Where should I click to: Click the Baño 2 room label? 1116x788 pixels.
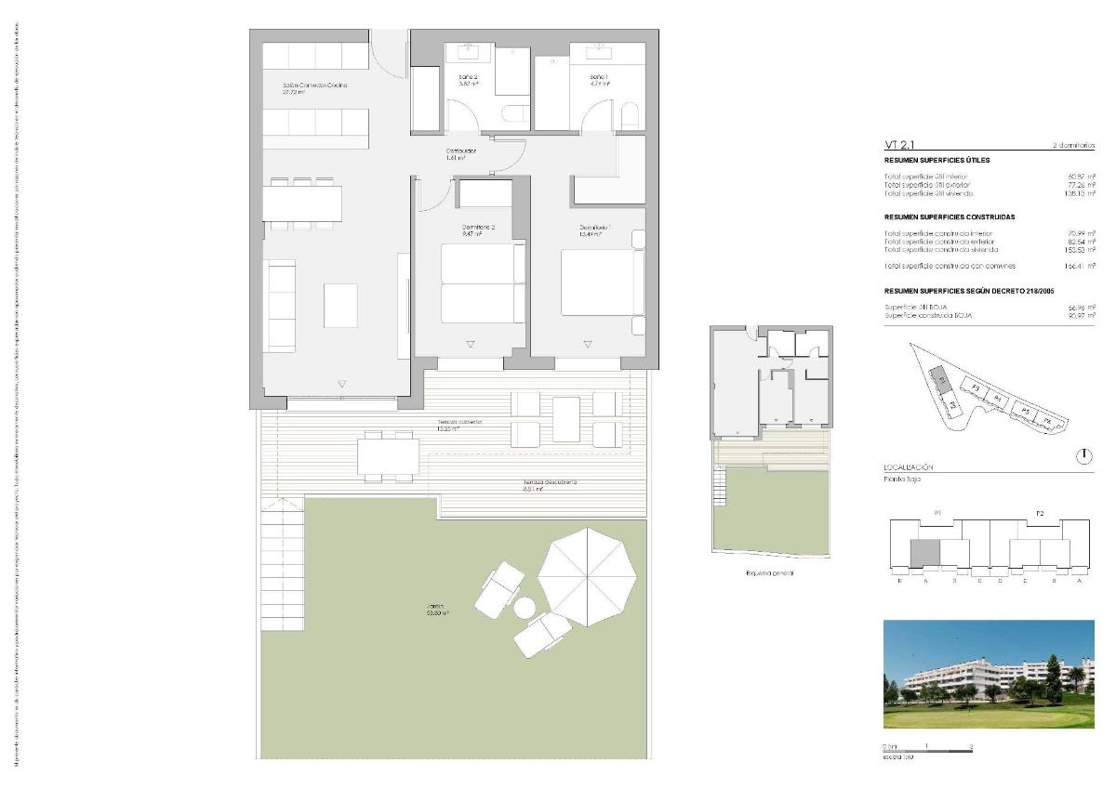(469, 76)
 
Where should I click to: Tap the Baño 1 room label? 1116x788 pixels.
(599, 76)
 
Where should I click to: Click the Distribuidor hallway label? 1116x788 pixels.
(461, 151)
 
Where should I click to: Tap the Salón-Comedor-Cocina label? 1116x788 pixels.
(315, 85)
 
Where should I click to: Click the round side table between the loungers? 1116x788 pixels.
(525, 607)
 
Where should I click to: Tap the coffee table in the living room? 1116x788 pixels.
(339, 304)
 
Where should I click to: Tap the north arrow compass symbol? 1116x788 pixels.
(1083, 456)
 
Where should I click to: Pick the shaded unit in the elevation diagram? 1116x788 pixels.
(924, 553)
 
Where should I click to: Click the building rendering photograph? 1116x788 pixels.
(989, 675)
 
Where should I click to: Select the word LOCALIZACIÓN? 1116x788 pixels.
(908, 467)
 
